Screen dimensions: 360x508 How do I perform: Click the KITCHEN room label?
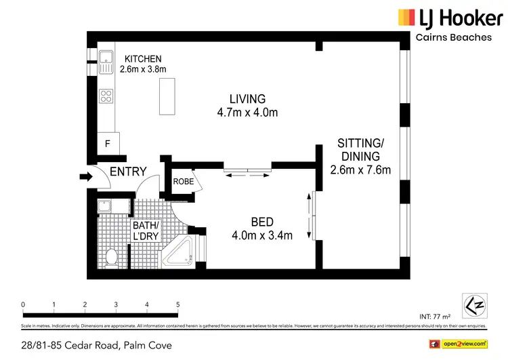click(143, 60)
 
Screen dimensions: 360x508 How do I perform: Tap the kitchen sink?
click(106, 63)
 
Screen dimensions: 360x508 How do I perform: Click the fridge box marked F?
click(108, 143)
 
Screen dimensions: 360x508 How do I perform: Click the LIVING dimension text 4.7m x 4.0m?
click(247, 113)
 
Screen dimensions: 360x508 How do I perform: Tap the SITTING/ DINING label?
click(360, 143)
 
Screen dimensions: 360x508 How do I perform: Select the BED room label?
click(262, 222)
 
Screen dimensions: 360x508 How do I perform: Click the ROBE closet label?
click(184, 182)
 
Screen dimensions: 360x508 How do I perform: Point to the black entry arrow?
click(85, 177)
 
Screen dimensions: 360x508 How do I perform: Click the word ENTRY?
click(128, 172)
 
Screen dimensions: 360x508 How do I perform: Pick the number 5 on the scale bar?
click(177, 304)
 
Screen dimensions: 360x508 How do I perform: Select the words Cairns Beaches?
click(453, 37)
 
